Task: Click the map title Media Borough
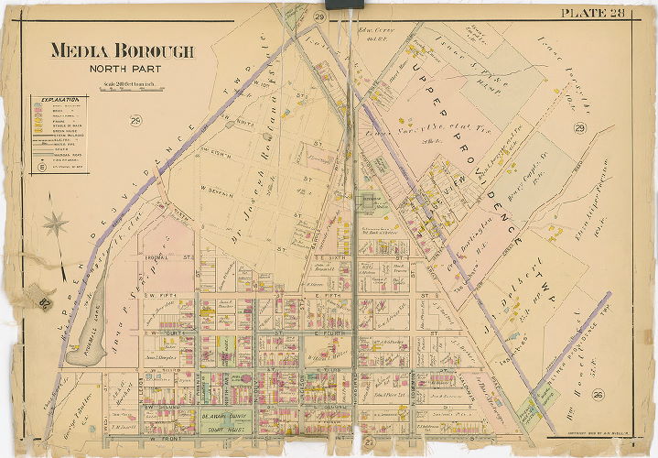[122, 51]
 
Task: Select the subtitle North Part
[122, 69]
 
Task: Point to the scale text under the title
[121, 84]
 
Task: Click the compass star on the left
[56, 223]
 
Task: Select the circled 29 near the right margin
[578, 128]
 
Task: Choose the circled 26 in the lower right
[597, 395]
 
